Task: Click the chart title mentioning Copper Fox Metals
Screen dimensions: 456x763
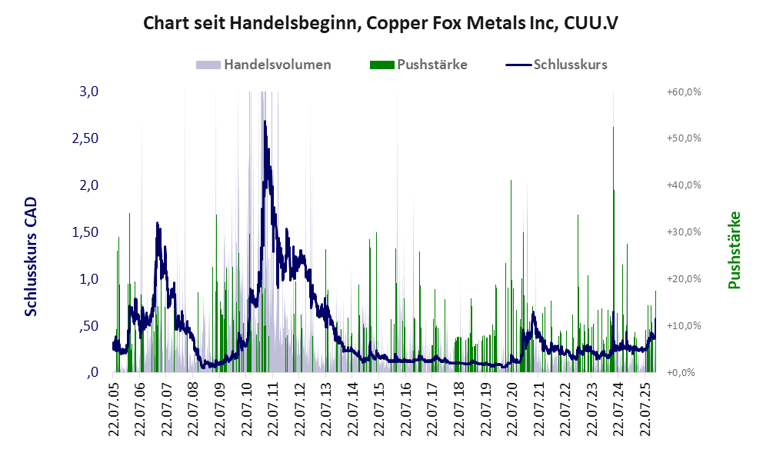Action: [381, 24]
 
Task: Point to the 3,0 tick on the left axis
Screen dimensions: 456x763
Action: [89, 92]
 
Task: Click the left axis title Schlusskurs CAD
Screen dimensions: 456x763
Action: [32, 256]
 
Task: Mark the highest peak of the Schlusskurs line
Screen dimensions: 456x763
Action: [265, 121]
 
